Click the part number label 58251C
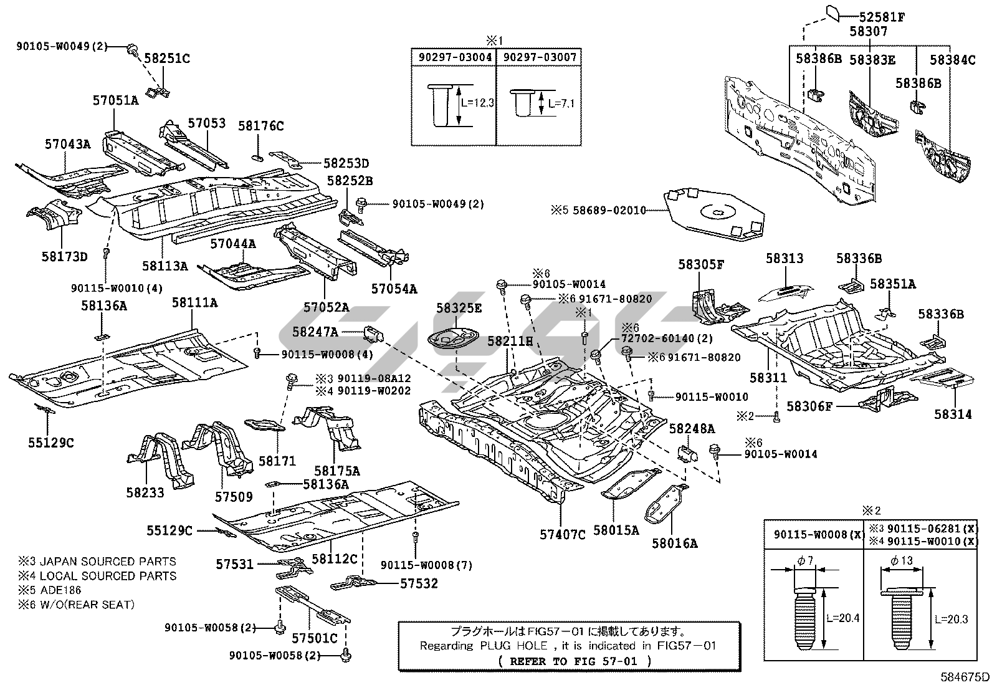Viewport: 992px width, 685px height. [x=167, y=59]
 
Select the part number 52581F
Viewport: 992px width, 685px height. [x=882, y=17]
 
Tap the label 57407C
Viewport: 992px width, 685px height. [x=563, y=535]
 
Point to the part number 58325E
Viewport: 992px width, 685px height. [x=459, y=308]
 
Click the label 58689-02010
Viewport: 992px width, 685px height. [x=609, y=210]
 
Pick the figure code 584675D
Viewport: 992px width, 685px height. [x=965, y=677]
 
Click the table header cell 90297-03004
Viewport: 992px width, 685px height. [x=455, y=57]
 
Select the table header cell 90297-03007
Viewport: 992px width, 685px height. [x=540, y=57]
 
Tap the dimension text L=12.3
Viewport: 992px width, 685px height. [x=477, y=103]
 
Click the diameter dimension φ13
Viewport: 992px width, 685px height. [x=901, y=560]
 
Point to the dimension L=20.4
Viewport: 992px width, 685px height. [x=842, y=618]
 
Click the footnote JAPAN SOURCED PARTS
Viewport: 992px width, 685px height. [x=108, y=562]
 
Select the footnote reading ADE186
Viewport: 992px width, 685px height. [x=60, y=590]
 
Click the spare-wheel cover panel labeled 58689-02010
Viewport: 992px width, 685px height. [x=714, y=214]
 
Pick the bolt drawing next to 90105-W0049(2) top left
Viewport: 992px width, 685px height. [x=132, y=49]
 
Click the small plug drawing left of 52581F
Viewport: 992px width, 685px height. [x=832, y=13]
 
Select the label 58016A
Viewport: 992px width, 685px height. [x=674, y=544]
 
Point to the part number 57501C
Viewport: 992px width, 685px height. [x=315, y=638]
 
